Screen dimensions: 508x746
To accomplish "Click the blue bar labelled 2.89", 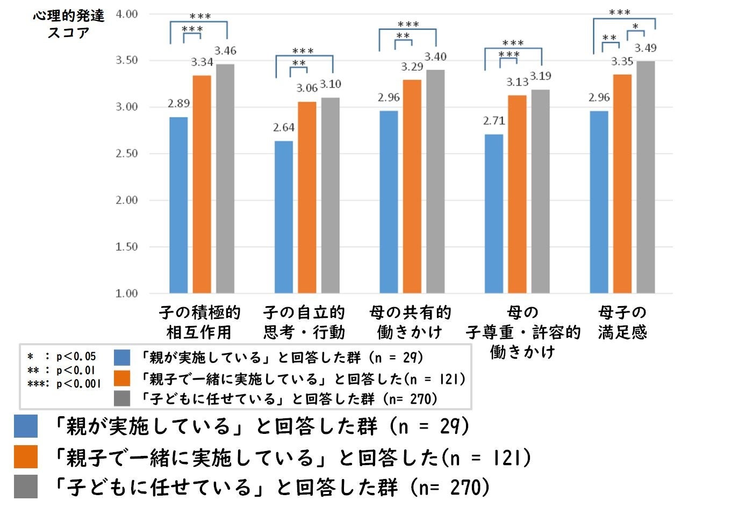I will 178,205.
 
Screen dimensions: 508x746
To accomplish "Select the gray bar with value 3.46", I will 225,179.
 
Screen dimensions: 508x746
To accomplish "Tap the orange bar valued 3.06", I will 307,197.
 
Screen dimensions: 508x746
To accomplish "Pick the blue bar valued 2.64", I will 284,217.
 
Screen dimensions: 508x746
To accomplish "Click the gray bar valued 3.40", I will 435,182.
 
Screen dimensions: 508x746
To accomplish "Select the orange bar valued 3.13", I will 517,194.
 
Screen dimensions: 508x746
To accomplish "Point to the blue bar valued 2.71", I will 494,214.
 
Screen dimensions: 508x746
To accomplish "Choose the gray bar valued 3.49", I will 645,177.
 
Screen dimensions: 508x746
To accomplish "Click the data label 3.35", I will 622,62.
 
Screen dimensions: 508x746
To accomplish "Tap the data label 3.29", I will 412,67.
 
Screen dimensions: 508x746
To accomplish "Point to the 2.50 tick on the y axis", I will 127,154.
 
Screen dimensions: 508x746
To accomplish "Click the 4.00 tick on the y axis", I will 127,14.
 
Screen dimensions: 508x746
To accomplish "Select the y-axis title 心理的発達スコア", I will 68,24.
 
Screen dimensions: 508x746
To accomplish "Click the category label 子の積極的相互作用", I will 199,322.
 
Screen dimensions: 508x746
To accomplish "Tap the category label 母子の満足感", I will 622,322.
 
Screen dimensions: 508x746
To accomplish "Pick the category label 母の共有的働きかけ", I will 410,322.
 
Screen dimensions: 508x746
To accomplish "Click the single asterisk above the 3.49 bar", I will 635,27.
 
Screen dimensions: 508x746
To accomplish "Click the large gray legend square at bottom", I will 26,487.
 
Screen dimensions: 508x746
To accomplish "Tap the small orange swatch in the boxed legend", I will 122,379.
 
